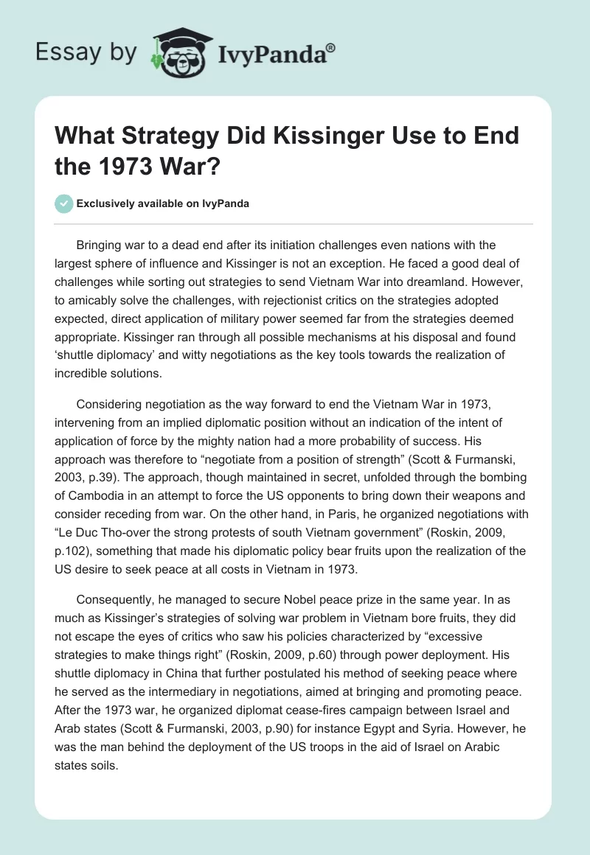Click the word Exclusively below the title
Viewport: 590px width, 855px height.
pos(108,203)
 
